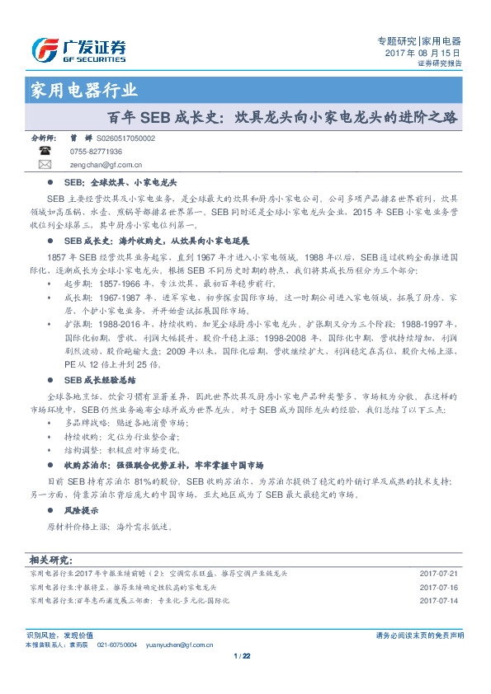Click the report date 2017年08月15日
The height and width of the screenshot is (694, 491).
point(423,52)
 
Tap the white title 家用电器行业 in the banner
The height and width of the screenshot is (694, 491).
point(83,90)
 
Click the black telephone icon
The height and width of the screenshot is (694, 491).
point(45,152)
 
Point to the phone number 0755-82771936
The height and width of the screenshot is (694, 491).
point(97,152)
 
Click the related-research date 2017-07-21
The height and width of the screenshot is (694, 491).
point(438,573)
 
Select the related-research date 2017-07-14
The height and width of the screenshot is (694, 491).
point(438,601)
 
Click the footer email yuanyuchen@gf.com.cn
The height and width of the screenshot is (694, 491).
point(181,641)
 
